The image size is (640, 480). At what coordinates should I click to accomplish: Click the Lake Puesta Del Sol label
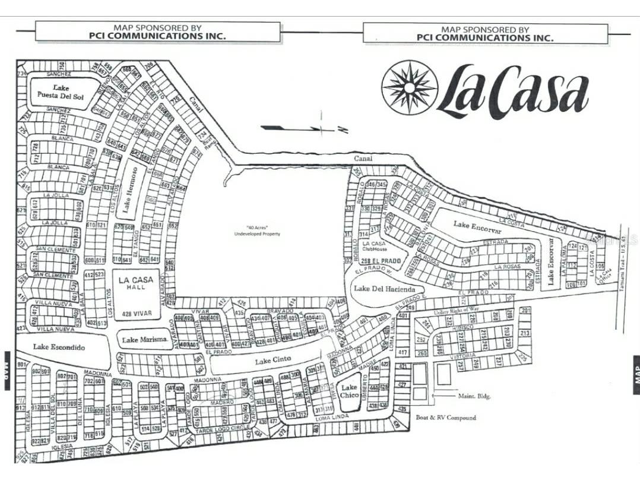(61, 92)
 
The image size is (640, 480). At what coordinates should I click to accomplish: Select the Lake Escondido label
(59, 347)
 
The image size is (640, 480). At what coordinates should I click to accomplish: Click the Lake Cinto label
(271, 361)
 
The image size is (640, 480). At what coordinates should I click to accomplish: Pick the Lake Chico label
(350, 391)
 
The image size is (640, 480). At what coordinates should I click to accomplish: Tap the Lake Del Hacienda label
(384, 289)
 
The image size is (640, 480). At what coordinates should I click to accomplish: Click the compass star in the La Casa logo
(409, 87)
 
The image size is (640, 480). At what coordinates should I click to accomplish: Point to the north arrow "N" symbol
(343, 129)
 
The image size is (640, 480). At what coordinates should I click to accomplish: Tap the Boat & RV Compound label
(445, 418)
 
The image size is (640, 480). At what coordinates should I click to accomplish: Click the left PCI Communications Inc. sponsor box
(157, 31)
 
